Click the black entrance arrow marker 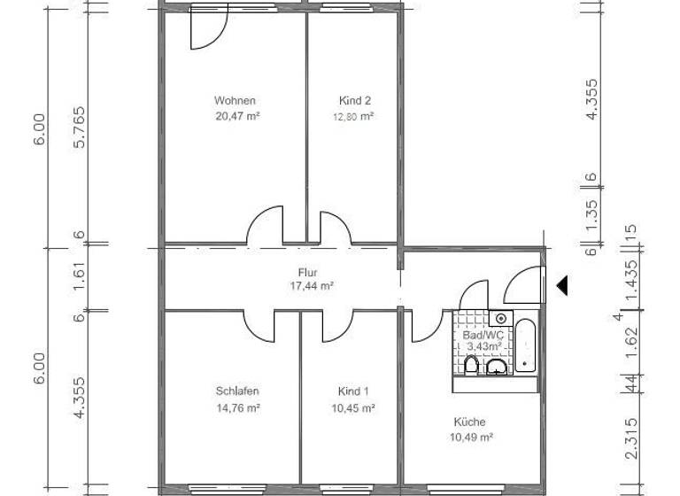(x=561, y=285)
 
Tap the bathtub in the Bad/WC (x=527, y=346)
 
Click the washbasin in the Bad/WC (x=496, y=367)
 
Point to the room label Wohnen (x=229, y=100)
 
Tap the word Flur (x=307, y=273)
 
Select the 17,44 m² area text (x=311, y=286)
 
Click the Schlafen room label (x=236, y=391)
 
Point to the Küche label (x=470, y=422)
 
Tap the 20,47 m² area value (x=236, y=116)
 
